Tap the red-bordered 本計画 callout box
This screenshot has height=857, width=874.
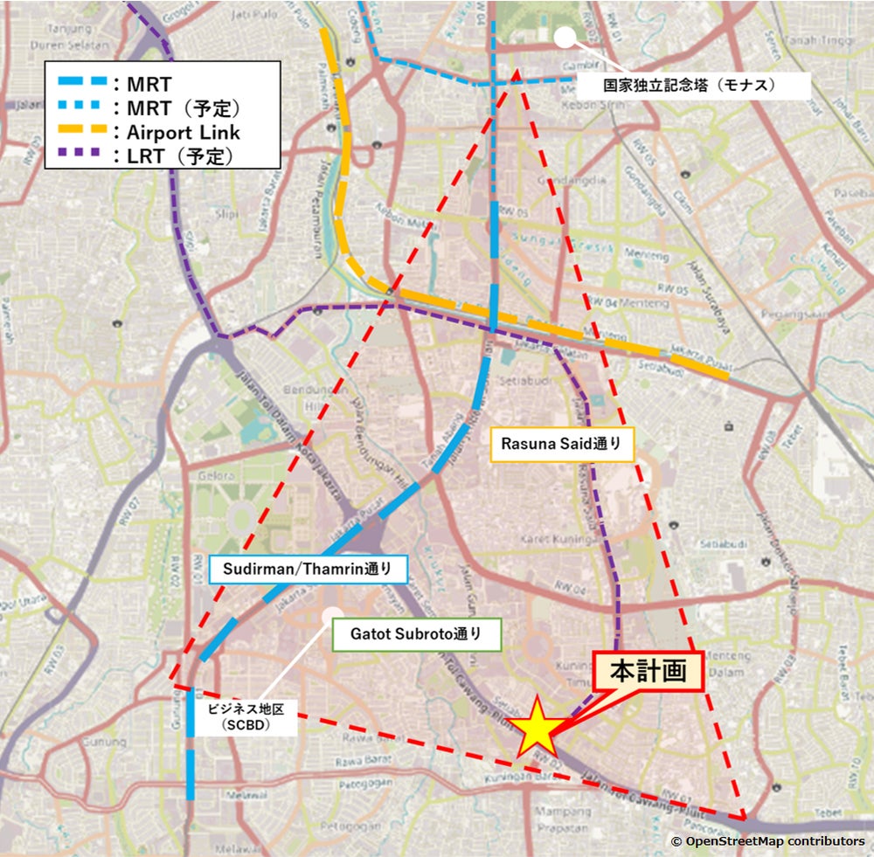648,672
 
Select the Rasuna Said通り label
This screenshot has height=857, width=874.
560,444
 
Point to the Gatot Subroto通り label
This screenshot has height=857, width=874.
417,635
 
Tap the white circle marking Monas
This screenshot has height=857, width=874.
565,37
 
